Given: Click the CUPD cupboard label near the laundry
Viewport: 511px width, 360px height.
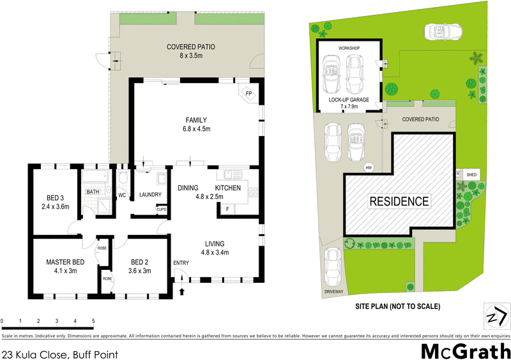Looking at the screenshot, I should click(162, 209).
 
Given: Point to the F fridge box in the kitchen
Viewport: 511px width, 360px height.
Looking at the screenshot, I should click(227, 209).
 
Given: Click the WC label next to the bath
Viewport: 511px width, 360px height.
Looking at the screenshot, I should click(122, 195).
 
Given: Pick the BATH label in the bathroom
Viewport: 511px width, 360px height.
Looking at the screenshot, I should click(93, 191).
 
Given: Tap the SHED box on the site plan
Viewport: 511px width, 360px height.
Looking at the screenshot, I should click(471, 174).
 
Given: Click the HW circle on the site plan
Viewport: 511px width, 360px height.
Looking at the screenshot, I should click(369, 168).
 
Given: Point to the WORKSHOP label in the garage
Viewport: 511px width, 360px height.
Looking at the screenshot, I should click(349, 49).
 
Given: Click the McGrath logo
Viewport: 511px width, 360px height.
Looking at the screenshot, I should click(465, 350).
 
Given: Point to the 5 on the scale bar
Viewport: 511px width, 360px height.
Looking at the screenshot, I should click(94, 320).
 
